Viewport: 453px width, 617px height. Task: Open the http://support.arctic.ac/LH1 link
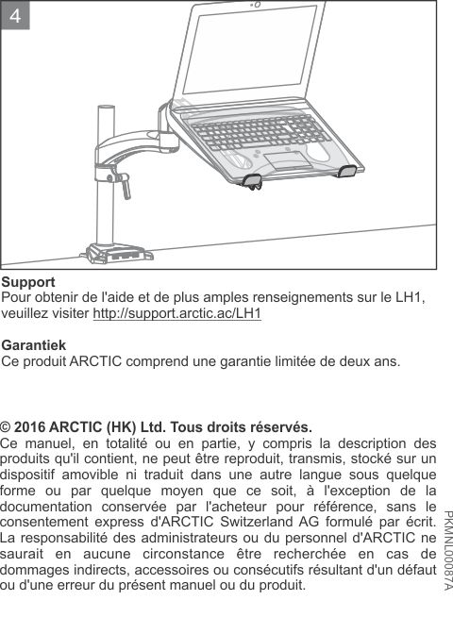176,313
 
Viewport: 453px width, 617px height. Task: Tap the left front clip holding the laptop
251,179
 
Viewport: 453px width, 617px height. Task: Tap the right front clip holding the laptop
346,170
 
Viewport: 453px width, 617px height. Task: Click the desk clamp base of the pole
115,253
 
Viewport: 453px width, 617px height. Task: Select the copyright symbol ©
7,425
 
